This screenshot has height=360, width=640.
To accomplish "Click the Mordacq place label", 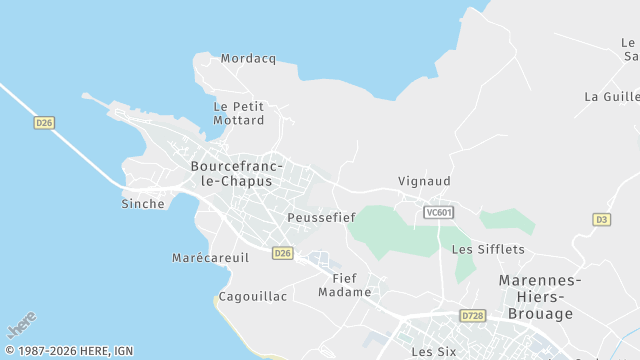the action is [x=248, y=59].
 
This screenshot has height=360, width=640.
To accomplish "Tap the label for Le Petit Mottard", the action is [x=239, y=113].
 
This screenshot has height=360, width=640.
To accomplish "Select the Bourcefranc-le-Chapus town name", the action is [x=237, y=173].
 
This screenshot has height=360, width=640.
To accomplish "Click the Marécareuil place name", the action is [x=210, y=258].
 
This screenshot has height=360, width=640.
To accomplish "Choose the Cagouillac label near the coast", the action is [x=253, y=297].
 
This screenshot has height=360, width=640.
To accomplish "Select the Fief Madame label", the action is [x=345, y=285].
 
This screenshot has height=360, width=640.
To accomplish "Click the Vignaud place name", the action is [x=425, y=182].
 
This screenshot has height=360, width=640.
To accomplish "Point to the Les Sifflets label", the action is [x=488, y=249].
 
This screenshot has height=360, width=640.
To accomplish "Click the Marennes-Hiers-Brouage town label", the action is [x=536, y=297].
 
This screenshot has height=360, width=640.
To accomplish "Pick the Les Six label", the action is [x=434, y=352].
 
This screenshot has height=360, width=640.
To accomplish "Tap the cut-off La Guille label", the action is [x=611, y=97].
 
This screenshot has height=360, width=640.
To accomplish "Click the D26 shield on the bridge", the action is [x=44, y=123].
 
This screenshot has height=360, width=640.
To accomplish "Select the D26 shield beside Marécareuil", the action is [x=282, y=254].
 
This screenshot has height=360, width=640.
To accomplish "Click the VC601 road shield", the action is [x=438, y=212].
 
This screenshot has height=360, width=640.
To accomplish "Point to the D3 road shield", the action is [x=601, y=219].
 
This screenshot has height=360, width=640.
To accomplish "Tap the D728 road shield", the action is [x=473, y=316].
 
